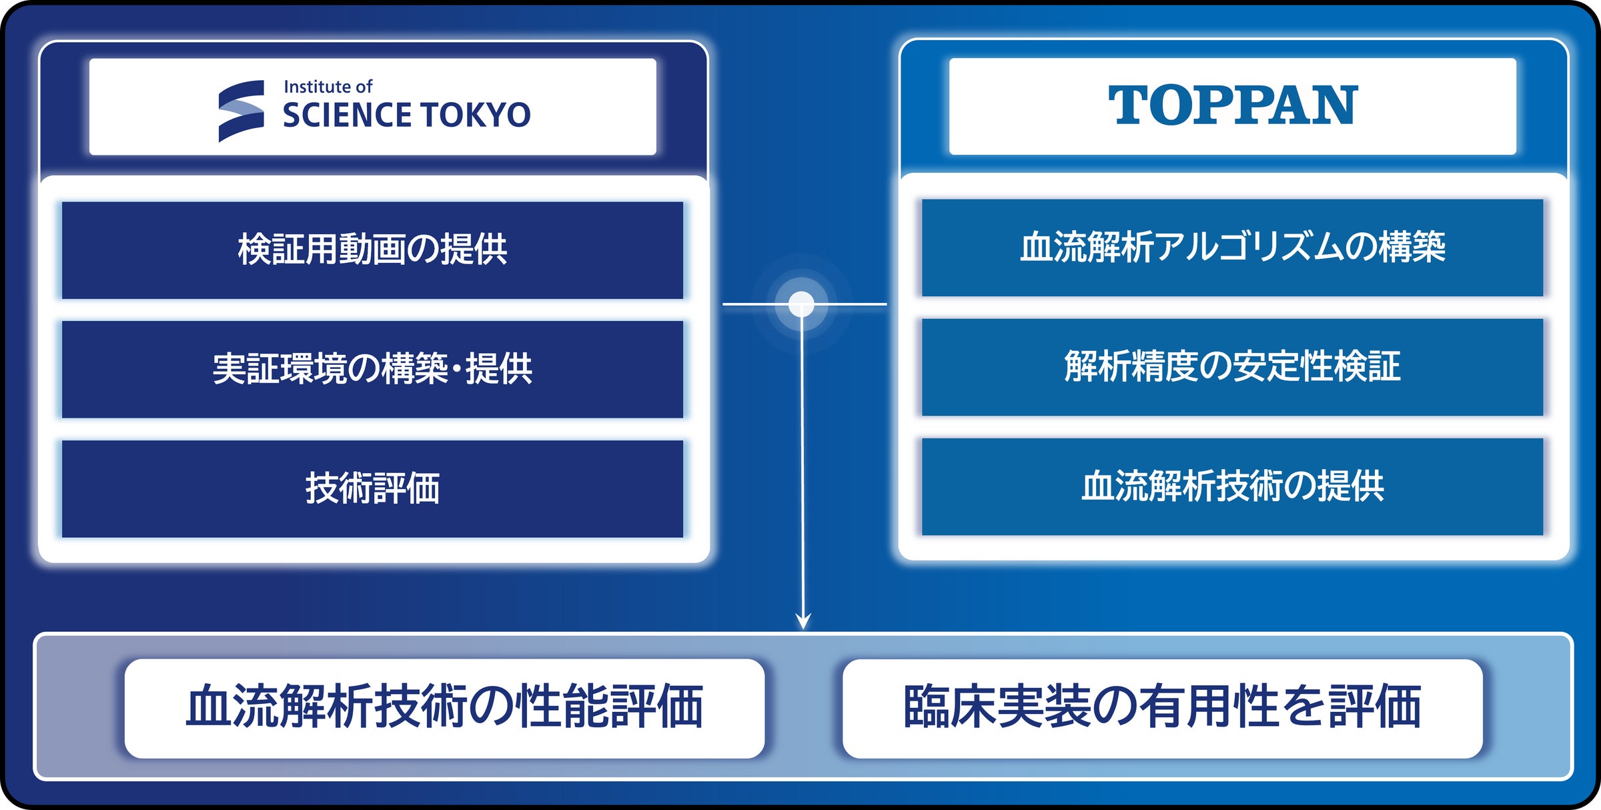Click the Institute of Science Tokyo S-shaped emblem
point(241,111)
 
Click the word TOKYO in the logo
point(475,115)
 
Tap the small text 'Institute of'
point(328,87)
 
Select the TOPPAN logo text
point(1233,105)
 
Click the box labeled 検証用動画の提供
point(372,250)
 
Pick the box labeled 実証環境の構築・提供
point(372,370)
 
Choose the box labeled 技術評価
point(372,488)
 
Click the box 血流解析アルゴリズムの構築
point(1232,248)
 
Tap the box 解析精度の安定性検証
point(1232,367)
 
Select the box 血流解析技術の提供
point(1232,486)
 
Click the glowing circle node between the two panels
point(801,304)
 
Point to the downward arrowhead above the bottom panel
point(804,621)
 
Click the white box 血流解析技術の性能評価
point(444,709)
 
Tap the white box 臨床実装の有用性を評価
point(1162,709)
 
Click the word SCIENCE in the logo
point(347,115)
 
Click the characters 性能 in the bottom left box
point(561,707)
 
